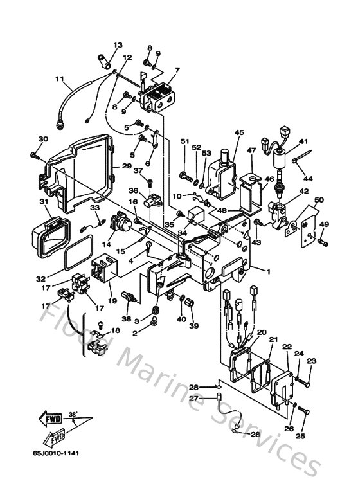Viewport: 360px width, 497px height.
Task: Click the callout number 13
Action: click(118, 45)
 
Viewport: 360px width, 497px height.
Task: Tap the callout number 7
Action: click(177, 69)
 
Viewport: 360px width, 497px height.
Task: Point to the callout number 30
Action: click(43, 139)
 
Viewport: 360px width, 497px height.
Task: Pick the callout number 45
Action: click(239, 132)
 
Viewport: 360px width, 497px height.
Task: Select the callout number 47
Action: click(251, 150)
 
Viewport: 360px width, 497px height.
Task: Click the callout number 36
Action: click(133, 190)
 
